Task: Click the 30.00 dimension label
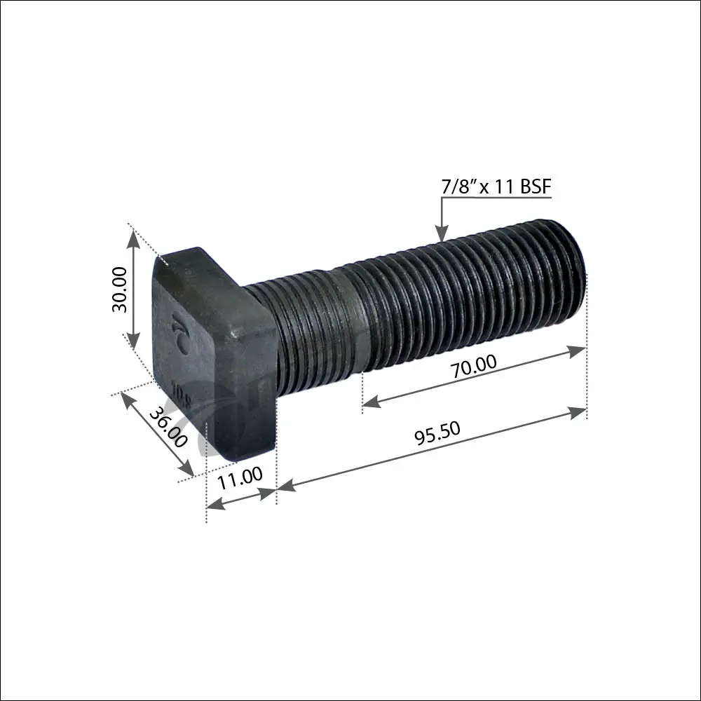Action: [x=120, y=290]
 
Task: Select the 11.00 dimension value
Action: [x=240, y=478]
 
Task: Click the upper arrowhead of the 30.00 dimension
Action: [x=133, y=239]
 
